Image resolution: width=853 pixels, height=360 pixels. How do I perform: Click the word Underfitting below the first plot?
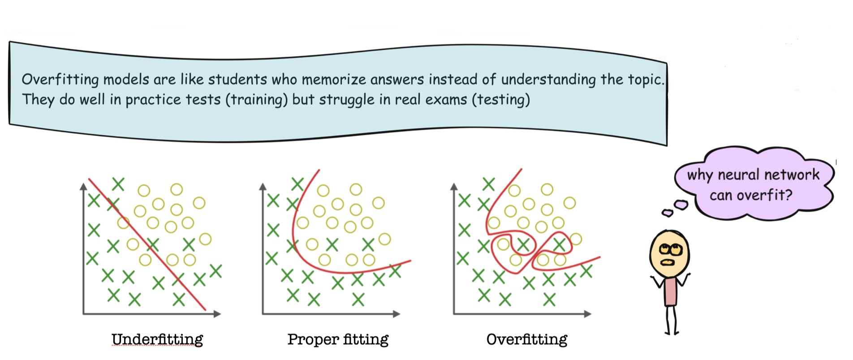click(x=157, y=339)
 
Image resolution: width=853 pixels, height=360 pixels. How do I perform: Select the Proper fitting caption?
click(x=338, y=339)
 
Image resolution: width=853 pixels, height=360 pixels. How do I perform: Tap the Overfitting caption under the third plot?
click(x=527, y=339)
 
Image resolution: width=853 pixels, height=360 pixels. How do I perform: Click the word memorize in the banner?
click(x=334, y=80)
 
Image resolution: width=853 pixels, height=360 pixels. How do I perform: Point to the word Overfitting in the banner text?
click(x=60, y=80)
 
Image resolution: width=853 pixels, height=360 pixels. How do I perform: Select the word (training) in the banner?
click(x=256, y=99)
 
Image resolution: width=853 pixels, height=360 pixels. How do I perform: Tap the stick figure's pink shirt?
click(x=670, y=291)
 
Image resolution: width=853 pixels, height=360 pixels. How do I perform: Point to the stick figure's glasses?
click(x=670, y=249)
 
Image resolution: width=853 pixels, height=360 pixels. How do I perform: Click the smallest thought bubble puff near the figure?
click(x=667, y=213)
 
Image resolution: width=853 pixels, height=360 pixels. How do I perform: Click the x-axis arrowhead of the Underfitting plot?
click(x=217, y=314)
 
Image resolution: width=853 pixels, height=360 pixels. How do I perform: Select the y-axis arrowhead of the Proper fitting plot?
click(x=263, y=186)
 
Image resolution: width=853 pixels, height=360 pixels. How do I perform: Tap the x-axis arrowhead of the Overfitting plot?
click(x=588, y=314)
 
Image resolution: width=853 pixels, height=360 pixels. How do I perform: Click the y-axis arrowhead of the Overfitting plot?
click(x=454, y=186)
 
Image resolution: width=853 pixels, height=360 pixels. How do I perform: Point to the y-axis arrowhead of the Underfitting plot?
click(x=83, y=186)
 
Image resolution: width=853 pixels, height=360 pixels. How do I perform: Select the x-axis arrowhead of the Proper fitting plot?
click(x=396, y=314)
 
